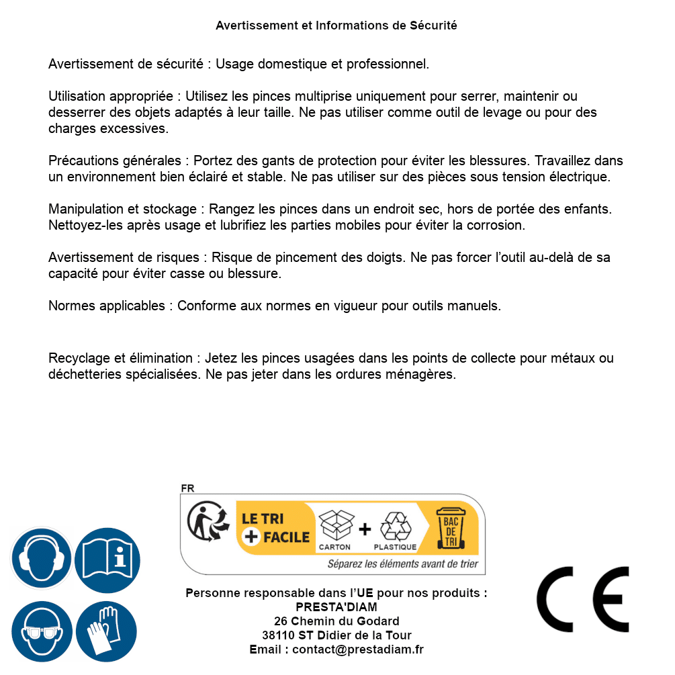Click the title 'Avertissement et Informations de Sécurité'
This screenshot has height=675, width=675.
[336, 26]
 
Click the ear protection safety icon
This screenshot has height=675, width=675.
[42, 558]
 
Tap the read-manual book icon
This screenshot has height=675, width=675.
[107, 558]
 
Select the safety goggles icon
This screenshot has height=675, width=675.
[42, 631]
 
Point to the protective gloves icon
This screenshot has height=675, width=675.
[106, 631]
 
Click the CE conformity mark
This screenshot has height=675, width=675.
[583, 600]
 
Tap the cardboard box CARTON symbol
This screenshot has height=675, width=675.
[335, 527]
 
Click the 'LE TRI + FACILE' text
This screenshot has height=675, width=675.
[275, 528]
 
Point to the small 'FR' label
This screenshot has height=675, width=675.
[187, 488]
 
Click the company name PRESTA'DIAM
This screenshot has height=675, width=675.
[336, 607]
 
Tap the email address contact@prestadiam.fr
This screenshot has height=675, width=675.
[358, 649]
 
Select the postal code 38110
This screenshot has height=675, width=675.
[277, 635]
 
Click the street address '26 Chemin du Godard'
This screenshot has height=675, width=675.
[336, 621]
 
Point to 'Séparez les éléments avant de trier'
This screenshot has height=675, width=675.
[402, 564]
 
